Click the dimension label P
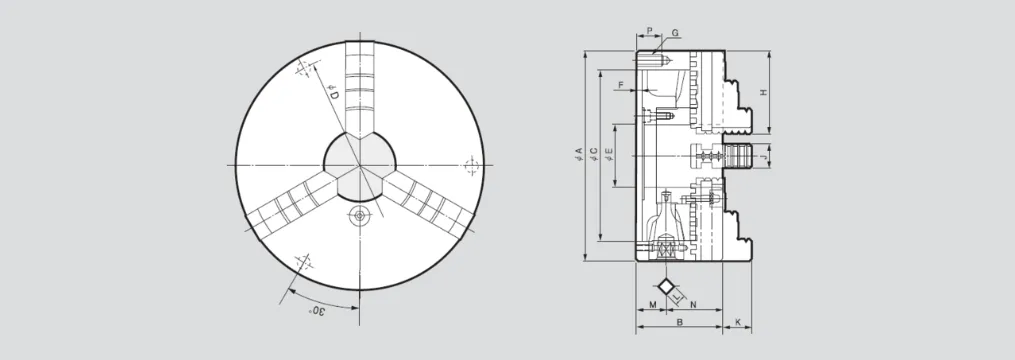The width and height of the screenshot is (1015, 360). [x=649, y=30]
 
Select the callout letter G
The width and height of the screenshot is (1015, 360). [x=675, y=32]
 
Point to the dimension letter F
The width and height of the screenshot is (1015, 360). [x=621, y=85]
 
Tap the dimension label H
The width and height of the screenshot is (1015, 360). [x=763, y=93]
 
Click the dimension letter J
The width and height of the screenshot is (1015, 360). [x=763, y=156]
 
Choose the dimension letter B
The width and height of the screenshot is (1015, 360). [x=680, y=321]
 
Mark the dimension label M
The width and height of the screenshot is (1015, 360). [x=652, y=304]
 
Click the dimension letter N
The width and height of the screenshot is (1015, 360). [x=693, y=304]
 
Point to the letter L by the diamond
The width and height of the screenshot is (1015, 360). [x=676, y=297]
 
